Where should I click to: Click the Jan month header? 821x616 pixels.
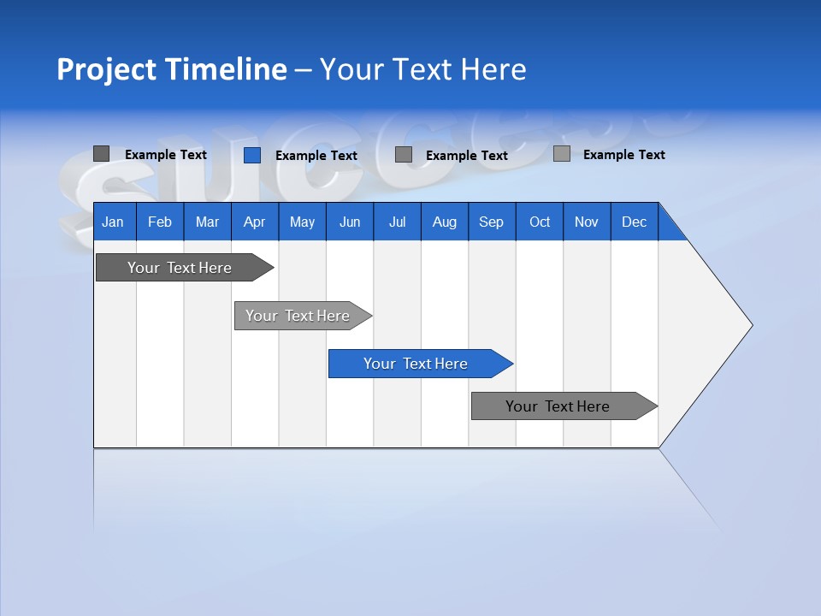pyautogui.click(x=114, y=222)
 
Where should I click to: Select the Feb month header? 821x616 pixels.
pyautogui.click(x=160, y=222)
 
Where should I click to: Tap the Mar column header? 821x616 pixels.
pyautogui.click(x=207, y=222)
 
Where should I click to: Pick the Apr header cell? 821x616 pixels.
pyautogui.click(x=255, y=222)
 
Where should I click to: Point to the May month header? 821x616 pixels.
pyautogui.click(x=302, y=222)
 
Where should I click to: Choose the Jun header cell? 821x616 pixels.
pyautogui.click(x=350, y=222)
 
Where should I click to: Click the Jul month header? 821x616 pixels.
pyautogui.click(x=398, y=222)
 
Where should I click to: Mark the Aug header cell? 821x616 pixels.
pyautogui.click(x=445, y=222)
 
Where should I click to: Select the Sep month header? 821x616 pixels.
pyautogui.click(x=492, y=222)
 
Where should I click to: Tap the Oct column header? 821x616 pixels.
pyautogui.click(x=540, y=222)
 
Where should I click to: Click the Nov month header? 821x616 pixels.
pyautogui.click(x=587, y=222)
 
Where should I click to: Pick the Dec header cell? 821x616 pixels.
pyautogui.click(x=635, y=222)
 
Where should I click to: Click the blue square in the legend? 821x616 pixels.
pyautogui.click(x=252, y=155)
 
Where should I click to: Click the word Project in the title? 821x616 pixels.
pyautogui.click(x=105, y=69)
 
